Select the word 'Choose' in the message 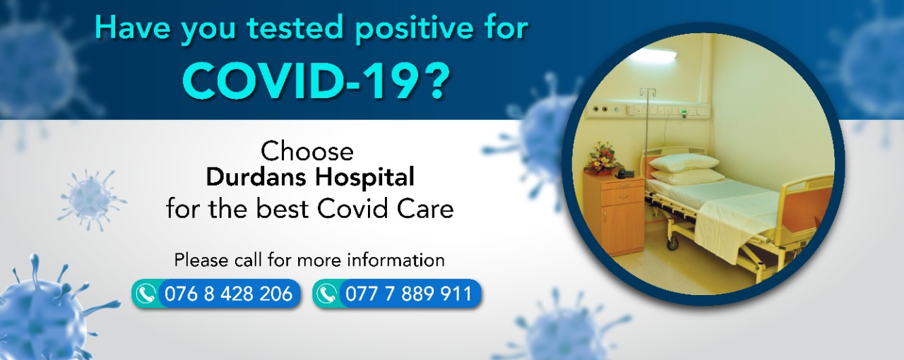click(x=307, y=151)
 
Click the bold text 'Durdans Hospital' click(x=310, y=177)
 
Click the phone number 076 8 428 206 click(x=228, y=294)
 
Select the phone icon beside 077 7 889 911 click(x=327, y=294)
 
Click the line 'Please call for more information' click(x=309, y=260)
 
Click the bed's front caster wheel click(x=672, y=244)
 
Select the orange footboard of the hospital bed click(x=805, y=211)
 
